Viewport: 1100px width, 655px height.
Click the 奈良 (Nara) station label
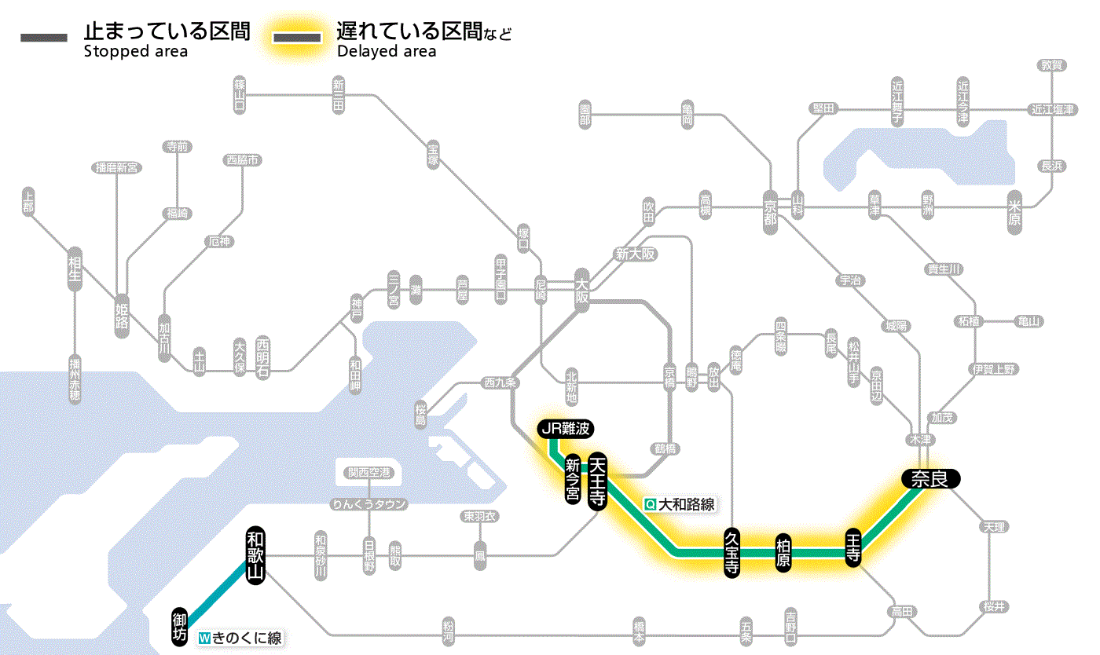[929, 478]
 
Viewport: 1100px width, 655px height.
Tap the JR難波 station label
[566, 429]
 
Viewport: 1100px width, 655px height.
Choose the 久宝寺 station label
[731, 554]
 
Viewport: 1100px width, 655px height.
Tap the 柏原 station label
[783, 554]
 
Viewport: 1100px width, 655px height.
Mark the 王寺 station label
[853, 547]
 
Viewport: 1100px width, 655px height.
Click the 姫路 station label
[122, 314]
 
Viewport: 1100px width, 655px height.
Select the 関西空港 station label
[369, 473]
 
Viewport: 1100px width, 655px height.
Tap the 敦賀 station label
[1051, 66]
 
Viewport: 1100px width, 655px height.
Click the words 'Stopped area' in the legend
[136, 52]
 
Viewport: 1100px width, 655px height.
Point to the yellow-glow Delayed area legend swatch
[297, 37]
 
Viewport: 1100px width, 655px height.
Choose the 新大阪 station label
[635, 254]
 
